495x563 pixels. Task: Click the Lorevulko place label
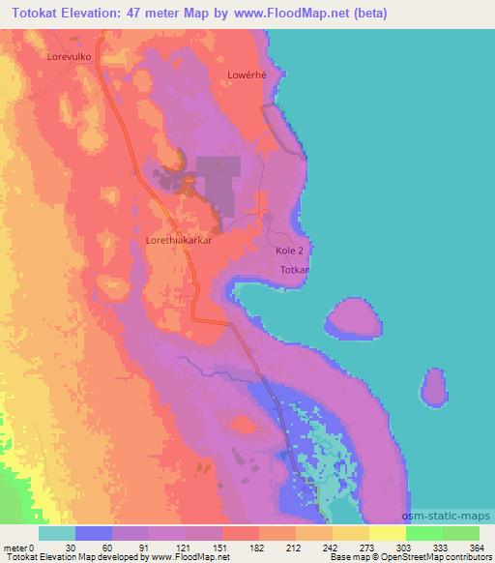pyautogui.click(x=69, y=57)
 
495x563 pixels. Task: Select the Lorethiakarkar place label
pyautogui.click(x=178, y=237)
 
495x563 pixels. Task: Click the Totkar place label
pyautogui.click(x=294, y=268)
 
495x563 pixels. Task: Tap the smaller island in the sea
pyautogui.click(x=434, y=390)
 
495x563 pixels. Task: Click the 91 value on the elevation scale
pyautogui.click(x=129, y=546)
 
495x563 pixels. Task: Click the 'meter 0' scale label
pyautogui.click(x=17, y=546)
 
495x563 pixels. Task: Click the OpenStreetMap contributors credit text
pyautogui.click(x=432, y=556)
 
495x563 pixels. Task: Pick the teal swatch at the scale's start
pyautogui.click(x=57, y=533)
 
